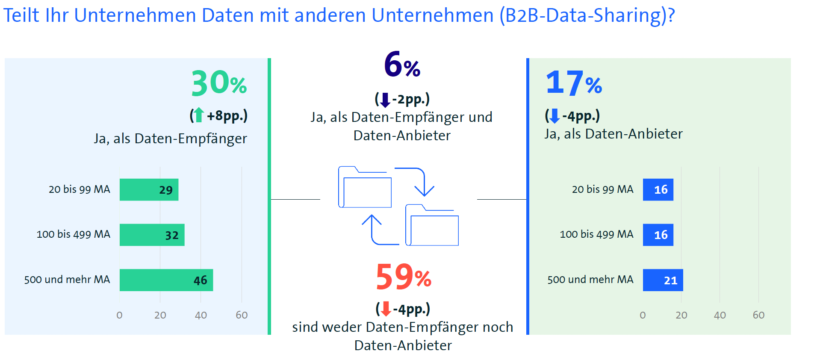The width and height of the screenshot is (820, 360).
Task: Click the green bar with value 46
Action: [x=166, y=280]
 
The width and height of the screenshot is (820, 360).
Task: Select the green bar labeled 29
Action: [x=149, y=189]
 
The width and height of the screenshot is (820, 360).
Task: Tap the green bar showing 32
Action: [x=152, y=235]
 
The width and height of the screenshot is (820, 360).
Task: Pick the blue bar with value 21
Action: [x=663, y=280]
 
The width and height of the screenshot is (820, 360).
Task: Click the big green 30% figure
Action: [x=218, y=83]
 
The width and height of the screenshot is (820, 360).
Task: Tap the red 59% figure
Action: [x=403, y=277]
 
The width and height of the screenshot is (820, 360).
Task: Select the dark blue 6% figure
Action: [x=402, y=65]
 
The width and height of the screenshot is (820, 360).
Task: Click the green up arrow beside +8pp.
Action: [x=198, y=115]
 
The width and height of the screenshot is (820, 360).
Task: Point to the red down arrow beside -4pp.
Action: [x=386, y=309]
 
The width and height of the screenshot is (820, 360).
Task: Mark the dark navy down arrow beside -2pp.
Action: [x=385, y=100]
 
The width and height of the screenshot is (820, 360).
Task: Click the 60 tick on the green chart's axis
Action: [x=242, y=315]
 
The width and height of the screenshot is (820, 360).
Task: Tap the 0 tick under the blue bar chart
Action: [x=643, y=315]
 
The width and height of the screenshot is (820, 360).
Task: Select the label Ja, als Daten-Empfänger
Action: [x=170, y=139]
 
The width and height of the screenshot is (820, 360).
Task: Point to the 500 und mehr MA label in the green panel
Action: [x=67, y=280]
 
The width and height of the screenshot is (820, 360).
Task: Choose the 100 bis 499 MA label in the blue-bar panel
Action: [x=596, y=234]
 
